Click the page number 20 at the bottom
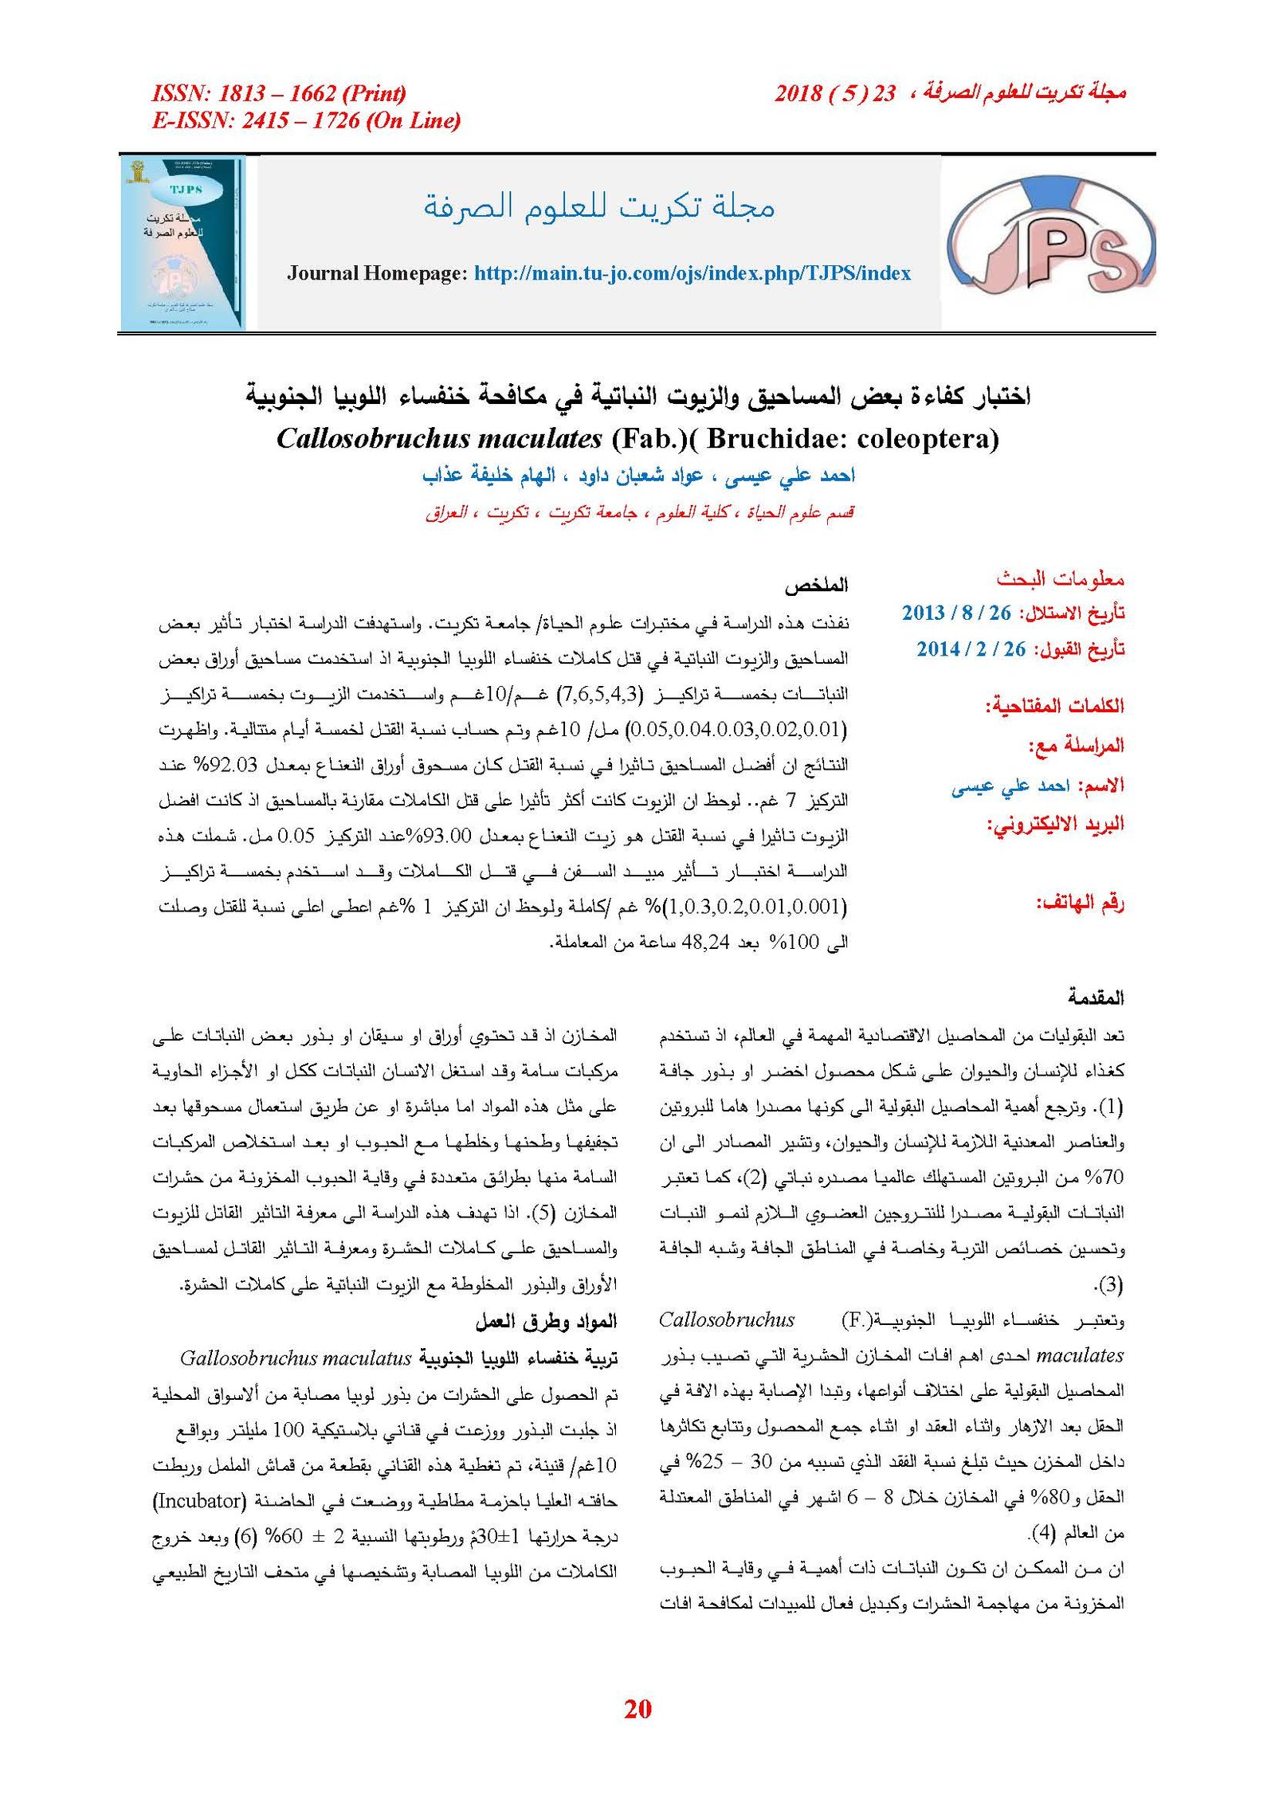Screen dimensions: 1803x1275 [637, 1708]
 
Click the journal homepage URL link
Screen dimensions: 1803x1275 [692, 273]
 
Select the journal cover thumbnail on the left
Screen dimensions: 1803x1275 [183, 242]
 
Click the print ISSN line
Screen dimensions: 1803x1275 [279, 93]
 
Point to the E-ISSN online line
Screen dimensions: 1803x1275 [306, 120]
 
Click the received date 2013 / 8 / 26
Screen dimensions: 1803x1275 [955, 613]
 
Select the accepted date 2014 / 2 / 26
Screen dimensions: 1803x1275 [971, 649]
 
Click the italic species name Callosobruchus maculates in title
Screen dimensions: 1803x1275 [439, 438]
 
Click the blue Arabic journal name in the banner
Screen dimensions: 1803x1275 [598, 206]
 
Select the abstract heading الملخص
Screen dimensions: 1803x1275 [816, 586]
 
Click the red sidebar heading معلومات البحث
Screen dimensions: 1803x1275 [1060, 578]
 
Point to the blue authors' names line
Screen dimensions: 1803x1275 [637, 476]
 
